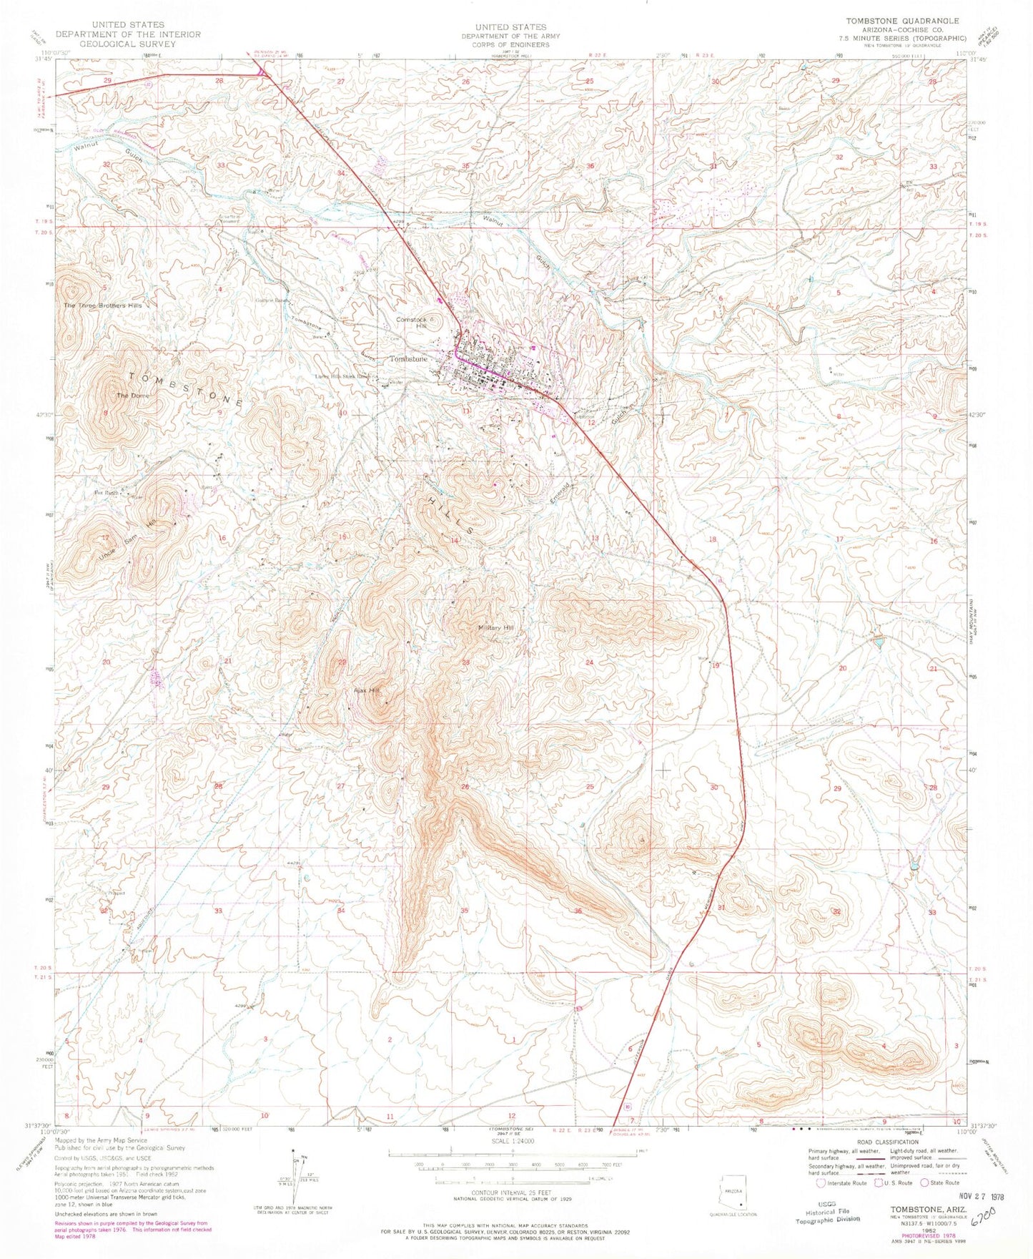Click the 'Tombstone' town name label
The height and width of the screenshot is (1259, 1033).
pos(408,358)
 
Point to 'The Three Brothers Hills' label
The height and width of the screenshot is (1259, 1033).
pos(103,305)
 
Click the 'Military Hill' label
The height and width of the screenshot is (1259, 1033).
pos(495,628)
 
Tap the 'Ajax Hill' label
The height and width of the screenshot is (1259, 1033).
pos(366,691)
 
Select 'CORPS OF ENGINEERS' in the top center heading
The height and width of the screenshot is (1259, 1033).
pos(510,44)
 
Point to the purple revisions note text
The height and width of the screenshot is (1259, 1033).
pos(133,1229)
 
